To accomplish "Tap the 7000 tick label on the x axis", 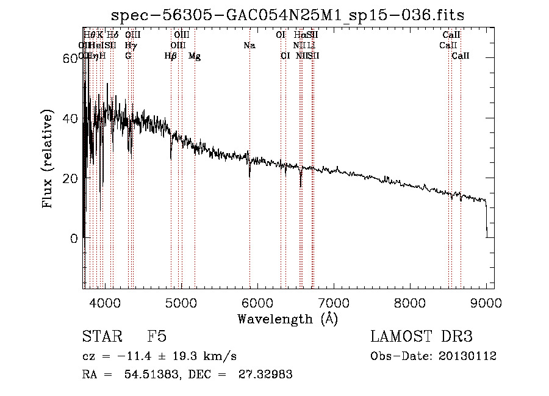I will (334, 303).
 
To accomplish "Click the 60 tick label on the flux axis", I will (71, 59).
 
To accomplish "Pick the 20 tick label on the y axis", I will (71, 178).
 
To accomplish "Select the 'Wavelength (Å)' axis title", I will (287, 319).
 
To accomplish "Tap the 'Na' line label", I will (249, 46).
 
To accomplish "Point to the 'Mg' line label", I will (195, 56).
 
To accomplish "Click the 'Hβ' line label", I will (171, 56).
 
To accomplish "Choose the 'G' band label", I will (128, 56).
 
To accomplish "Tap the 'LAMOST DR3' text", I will (421, 337).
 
